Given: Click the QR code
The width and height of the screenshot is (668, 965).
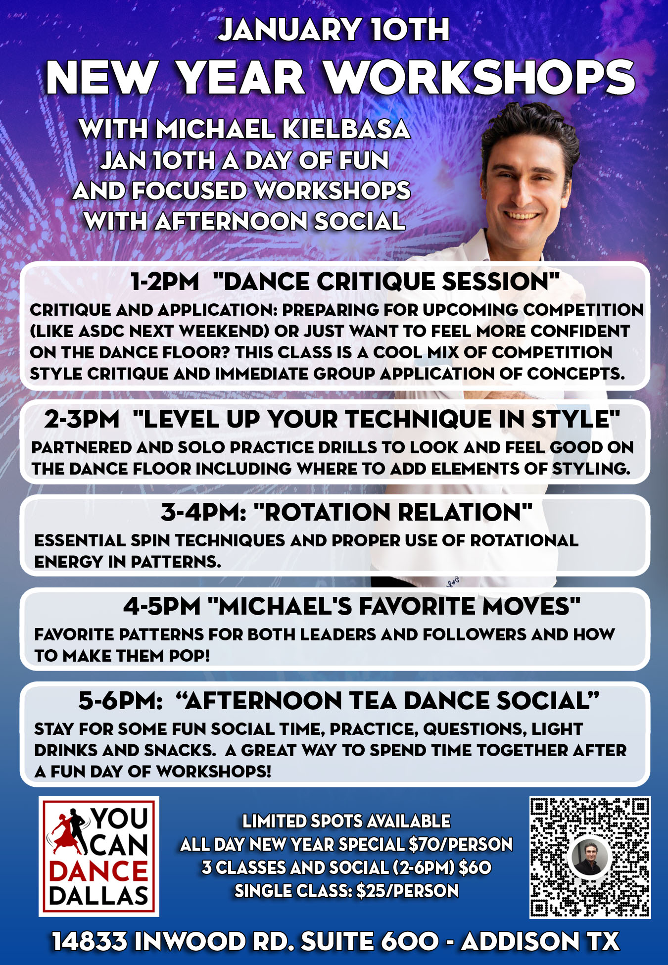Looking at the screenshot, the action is coord(590,858).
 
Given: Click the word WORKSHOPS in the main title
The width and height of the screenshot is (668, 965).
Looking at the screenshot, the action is coord(479,78).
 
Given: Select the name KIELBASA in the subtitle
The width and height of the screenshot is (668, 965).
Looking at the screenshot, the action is coord(346,130).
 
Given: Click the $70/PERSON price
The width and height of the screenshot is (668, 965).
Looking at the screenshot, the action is coord(461,844).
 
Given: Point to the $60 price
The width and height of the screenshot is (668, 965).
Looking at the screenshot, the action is coord(475,868).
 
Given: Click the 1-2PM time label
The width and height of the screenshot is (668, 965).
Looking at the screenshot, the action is coord(165,282).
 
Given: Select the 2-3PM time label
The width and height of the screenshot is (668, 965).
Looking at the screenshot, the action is coord(82,419).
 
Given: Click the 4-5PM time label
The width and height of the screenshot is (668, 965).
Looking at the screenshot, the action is coord(162,606).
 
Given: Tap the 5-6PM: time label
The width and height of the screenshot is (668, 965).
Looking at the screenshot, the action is coord(120,701).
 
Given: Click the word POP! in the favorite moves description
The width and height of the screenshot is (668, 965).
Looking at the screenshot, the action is coord(190,656).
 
